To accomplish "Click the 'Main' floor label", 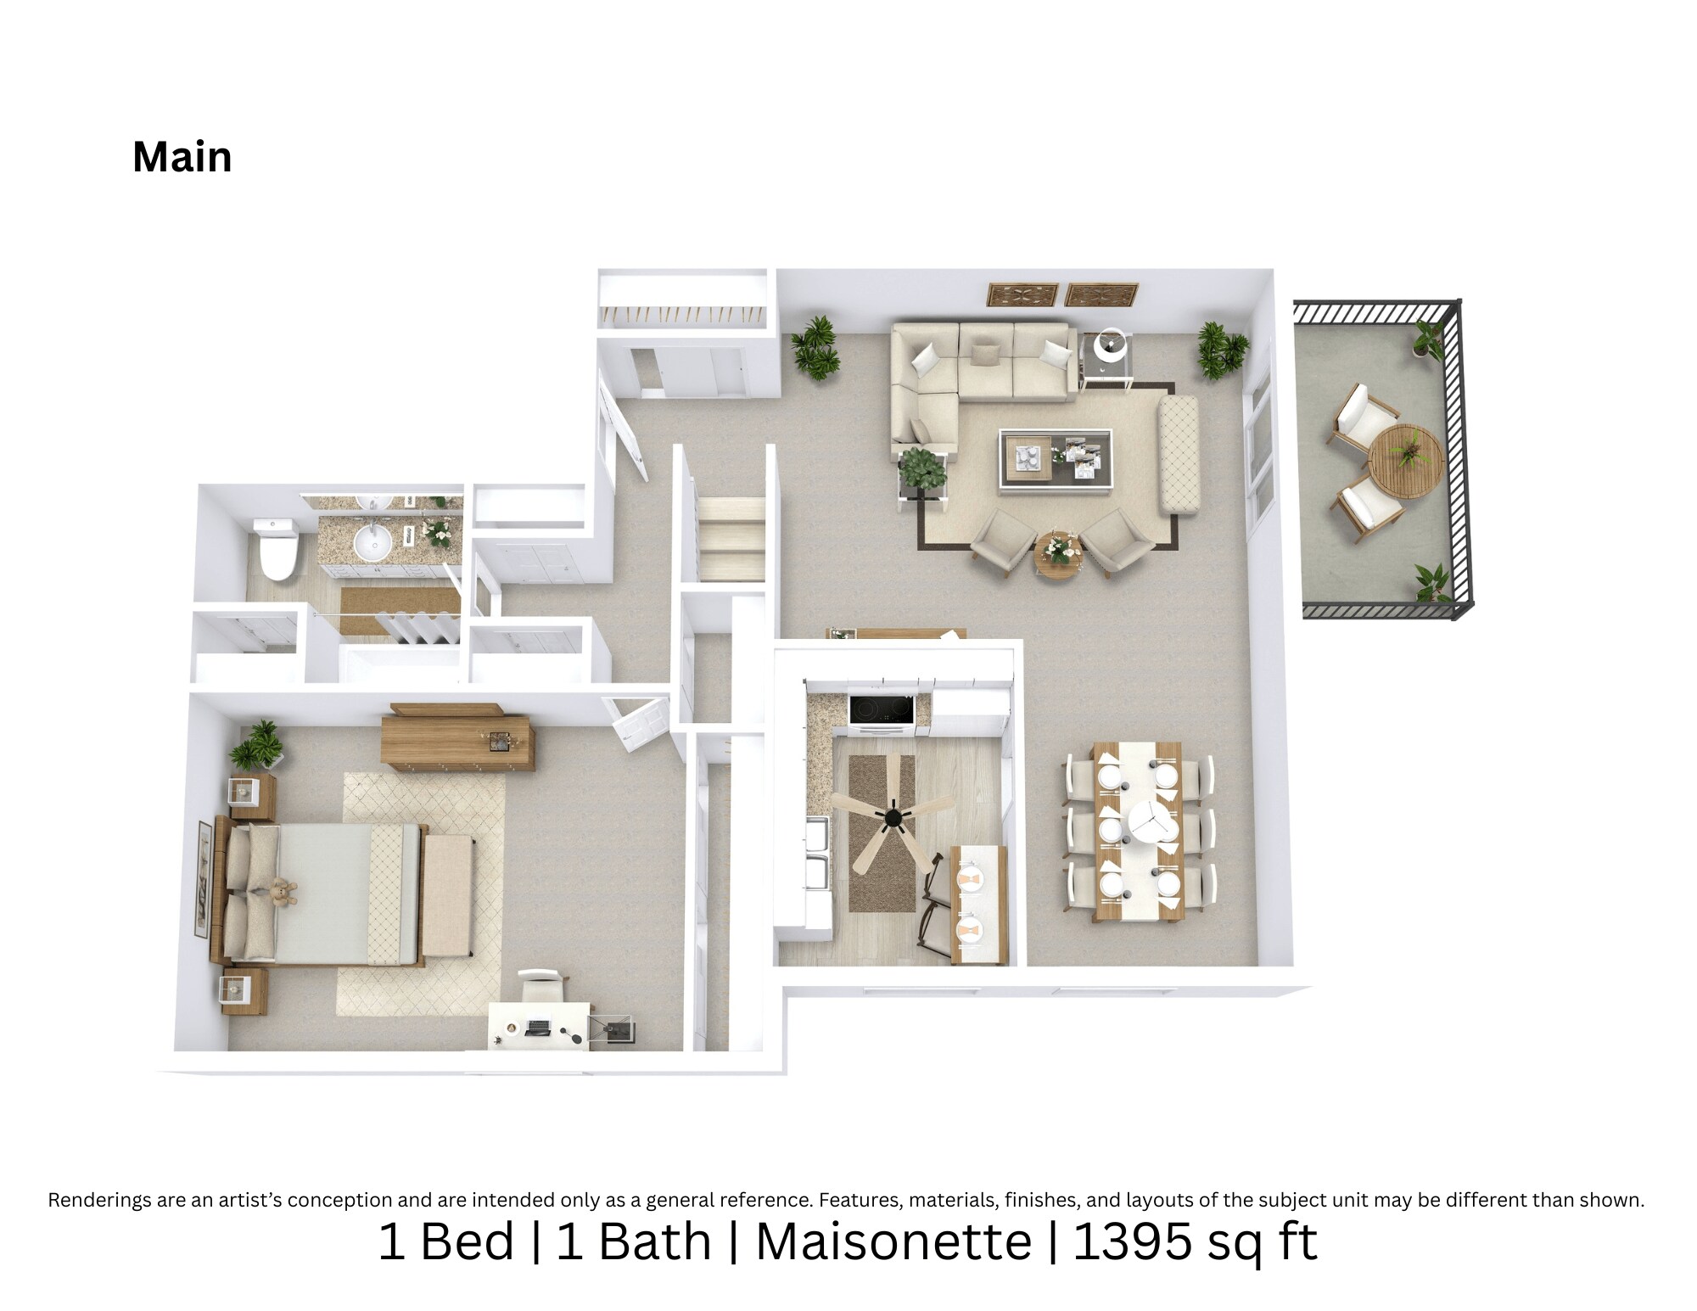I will click(x=182, y=157).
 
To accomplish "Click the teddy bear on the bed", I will click(x=281, y=893).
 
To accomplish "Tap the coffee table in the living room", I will click(x=1056, y=459).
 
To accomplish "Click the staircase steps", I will click(x=731, y=538).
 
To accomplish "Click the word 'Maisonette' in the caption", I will click(x=893, y=1242).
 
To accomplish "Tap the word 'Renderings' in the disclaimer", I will click(x=101, y=1200).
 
